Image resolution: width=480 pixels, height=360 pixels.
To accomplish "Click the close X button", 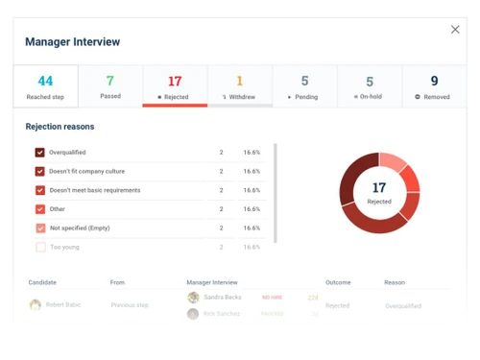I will coord(455,30).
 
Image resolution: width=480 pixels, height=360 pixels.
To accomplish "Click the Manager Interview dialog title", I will coord(73,42).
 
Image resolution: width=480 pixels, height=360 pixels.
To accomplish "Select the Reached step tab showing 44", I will coord(45,86).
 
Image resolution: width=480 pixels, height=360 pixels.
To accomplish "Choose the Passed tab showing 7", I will coord(109,86).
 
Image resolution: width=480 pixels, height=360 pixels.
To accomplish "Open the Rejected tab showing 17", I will coord(175,86).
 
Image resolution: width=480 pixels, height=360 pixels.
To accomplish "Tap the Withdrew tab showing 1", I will coord(239,86).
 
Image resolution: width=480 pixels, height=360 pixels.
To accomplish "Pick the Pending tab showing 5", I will coord(304,86).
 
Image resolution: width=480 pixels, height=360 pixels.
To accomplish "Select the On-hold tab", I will coord(370,86).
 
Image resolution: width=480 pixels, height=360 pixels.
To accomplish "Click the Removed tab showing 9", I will coord(434,86).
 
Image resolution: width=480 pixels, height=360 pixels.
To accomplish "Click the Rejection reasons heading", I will coord(60,127).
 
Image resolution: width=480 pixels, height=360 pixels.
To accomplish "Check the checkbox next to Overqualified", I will coord(40,153).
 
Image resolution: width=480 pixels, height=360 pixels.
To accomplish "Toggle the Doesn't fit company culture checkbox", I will coord(40,171).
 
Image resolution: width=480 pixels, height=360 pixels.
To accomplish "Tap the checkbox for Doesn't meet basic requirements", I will coord(40,190).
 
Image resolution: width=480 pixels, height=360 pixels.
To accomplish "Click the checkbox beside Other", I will coord(40,209).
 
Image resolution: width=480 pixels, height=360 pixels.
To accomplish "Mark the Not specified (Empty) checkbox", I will coord(40,228).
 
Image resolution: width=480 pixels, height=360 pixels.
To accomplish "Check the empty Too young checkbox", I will coord(40,247).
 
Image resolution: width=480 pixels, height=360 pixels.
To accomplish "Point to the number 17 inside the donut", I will coord(379,188).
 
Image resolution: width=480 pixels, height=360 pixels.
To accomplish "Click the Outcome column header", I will coord(338,282).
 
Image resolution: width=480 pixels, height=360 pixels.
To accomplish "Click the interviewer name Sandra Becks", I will coord(222,298).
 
